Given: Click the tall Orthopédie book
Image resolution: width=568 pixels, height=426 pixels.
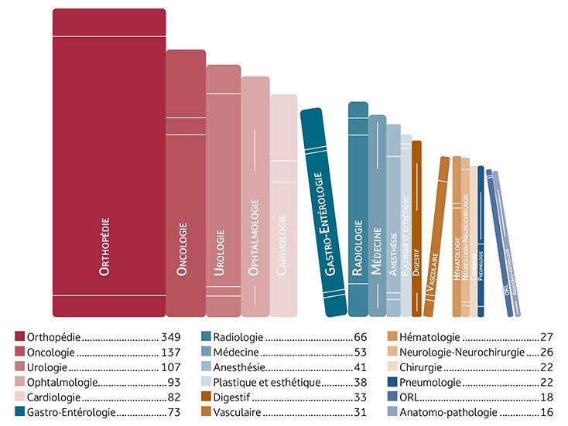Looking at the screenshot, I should pyautogui.click(x=108, y=162).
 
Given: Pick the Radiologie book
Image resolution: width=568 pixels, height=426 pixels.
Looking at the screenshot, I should pyautogui.click(x=358, y=209).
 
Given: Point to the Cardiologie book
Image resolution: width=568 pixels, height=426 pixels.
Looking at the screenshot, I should pyautogui.click(x=283, y=205).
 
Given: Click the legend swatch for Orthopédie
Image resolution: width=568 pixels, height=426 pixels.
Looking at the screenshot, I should pyautogui.click(x=20, y=337).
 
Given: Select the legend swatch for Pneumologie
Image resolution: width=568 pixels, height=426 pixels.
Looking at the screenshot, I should pyautogui.click(x=393, y=382).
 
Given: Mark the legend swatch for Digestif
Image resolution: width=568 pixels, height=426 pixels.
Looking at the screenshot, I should pyautogui.click(x=207, y=397).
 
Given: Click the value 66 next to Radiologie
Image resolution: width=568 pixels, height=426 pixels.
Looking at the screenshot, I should pyautogui.click(x=360, y=338).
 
